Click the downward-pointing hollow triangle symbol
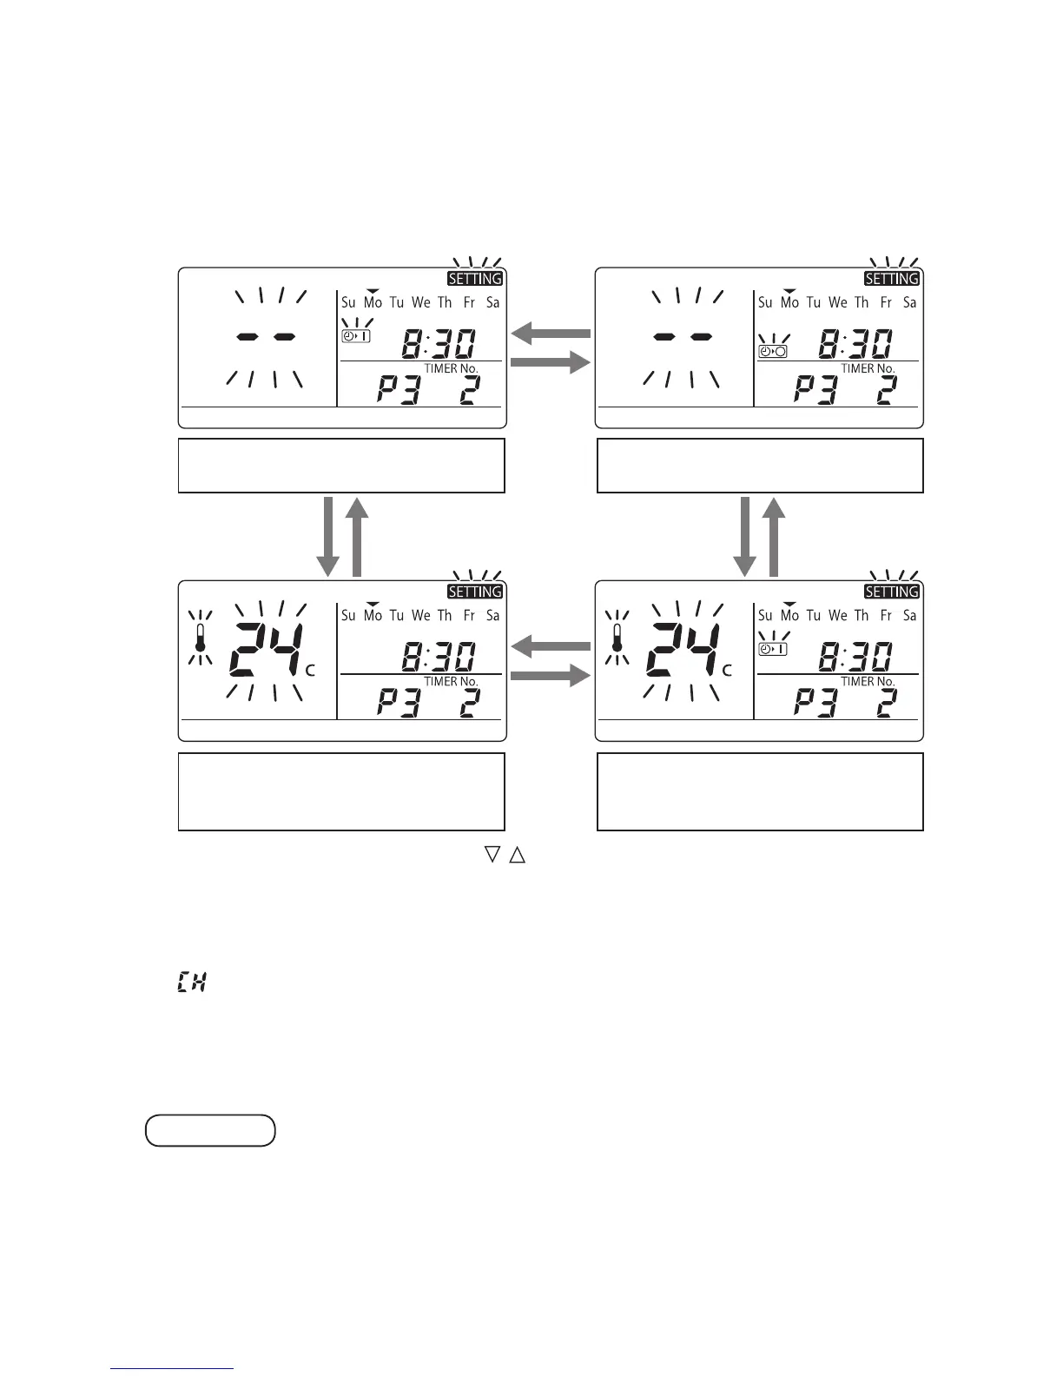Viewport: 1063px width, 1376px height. click(492, 855)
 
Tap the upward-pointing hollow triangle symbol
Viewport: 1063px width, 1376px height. click(517, 855)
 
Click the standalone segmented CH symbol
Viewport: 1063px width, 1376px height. click(191, 983)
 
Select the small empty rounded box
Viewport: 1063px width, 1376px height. click(210, 1130)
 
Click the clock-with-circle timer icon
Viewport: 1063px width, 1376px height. click(772, 351)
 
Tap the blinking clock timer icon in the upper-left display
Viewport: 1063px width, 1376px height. click(356, 335)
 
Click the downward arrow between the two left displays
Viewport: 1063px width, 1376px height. click(327, 536)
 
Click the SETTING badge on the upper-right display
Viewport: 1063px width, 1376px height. click(891, 279)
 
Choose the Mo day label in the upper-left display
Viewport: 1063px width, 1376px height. click(373, 302)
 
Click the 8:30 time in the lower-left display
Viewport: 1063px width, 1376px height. click(438, 657)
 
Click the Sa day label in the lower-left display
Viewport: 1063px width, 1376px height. click(492, 615)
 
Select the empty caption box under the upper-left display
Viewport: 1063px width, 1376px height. click(341, 466)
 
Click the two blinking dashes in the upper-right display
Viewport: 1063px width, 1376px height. click(683, 336)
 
